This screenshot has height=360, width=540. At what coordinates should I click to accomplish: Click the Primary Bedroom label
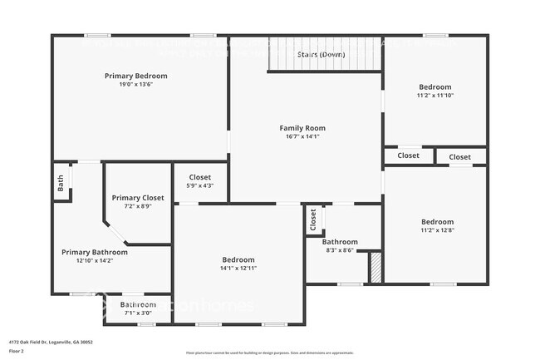pyautogui.click(x=135, y=76)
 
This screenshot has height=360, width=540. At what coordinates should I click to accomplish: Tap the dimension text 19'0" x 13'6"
pyautogui.click(x=135, y=84)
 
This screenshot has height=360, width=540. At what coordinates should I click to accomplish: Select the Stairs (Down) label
pyautogui.click(x=322, y=54)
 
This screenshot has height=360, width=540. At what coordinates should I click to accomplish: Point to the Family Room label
pyautogui.click(x=302, y=128)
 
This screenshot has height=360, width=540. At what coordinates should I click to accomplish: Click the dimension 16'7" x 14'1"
pyautogui.click(x=302, y=136)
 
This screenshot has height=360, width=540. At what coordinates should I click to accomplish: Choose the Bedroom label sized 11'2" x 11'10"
pyautogui.click(x=435, y=87)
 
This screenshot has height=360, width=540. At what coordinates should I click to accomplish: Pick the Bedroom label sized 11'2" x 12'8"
pyautogui.click(x=437, y=222)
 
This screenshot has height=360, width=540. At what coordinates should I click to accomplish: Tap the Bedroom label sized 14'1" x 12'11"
pyautogui.click(x=238, y=259)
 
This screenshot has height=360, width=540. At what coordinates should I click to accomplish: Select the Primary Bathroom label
pyautogui.click(x=95, y=252)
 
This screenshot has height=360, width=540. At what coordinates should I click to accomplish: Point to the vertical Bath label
pyautogui.click(x=61, y=183)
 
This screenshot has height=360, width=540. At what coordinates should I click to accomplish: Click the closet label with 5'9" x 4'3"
pyautogui.click(x=200, y=177)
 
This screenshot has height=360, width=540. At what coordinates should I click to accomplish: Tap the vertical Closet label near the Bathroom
pyautogui.click(x=313, y=219)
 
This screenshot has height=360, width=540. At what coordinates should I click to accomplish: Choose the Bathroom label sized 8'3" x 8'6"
pyautogui.click(x=340, y=242)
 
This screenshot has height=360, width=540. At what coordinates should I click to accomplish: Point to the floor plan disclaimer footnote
pyautogui.click(x=270, y=352)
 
